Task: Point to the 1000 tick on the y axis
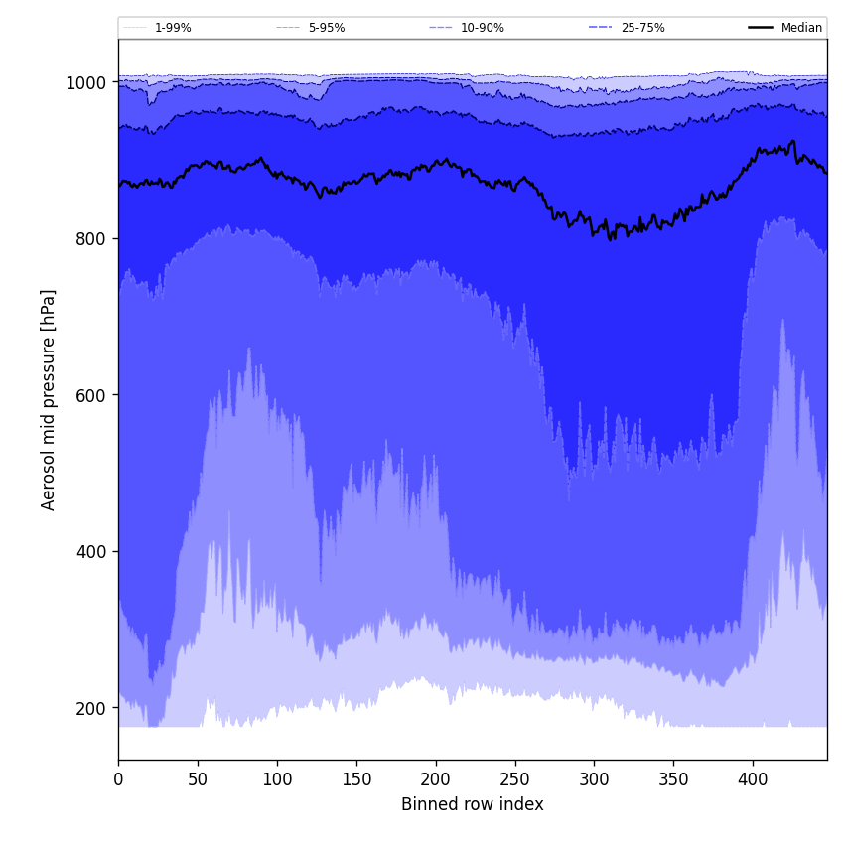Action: click(x=86, y=83)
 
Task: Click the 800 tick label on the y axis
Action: click(x=91, y=239)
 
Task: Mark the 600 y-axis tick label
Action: click(x=91, y=395)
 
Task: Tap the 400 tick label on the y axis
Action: click(x=91, y=552)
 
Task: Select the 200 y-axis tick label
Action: click(x=91, y=708)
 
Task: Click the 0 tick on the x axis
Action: click(x=118, y=779)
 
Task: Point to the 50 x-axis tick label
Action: click(x=198, y=779)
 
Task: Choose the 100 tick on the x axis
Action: click(x=277, y=779)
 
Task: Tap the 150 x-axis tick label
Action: click(x=356, y=779)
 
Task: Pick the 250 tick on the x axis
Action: click(x=514, y=779)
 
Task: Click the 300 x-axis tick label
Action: click(x=594, y=779)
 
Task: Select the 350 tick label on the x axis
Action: click(x=673, y=779)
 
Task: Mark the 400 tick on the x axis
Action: click(x=753, y=779)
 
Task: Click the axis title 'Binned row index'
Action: click(x=473, y=805)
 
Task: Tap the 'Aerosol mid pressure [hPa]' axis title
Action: click(x=49, y=399)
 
